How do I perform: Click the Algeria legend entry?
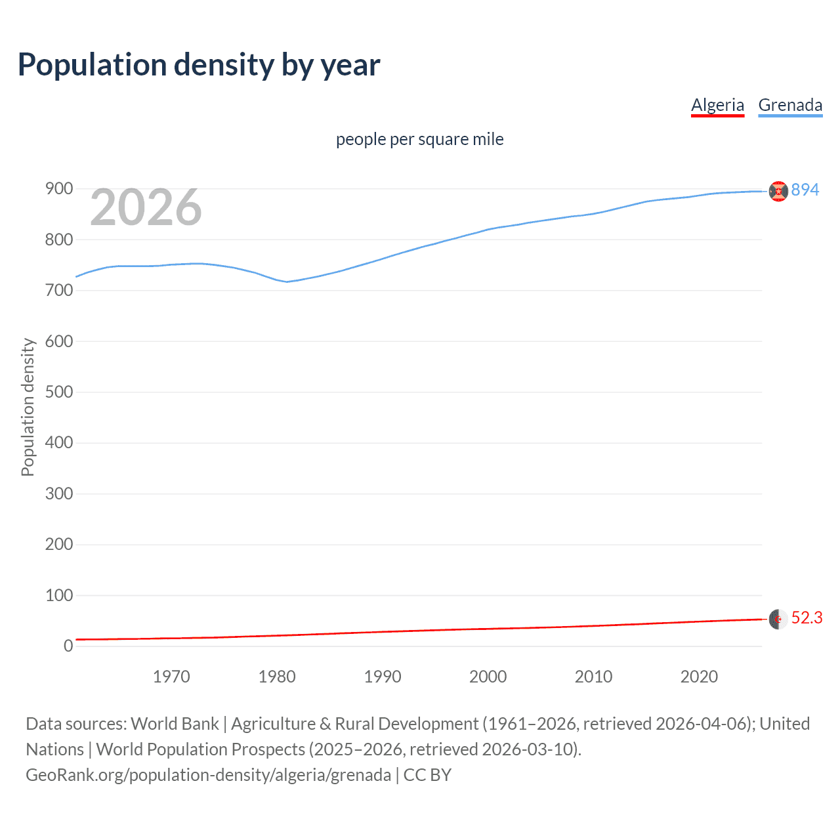[x=717, y=105]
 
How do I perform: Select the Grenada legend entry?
[x=790, y=105]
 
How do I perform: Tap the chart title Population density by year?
[x=199, y=65]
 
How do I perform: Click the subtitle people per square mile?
[x=419, y=139]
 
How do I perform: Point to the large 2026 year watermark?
[x=146, y=207]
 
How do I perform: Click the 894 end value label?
[x=805, y=190]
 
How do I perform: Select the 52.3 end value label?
[x=807, y=618]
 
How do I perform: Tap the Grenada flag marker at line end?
[x=778, y=191]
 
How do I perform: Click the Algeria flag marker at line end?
[x=778, y=619]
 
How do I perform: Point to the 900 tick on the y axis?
[x=59, y=189]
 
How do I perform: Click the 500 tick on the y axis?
[x=59, y=392]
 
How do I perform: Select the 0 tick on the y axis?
[x=68, y=646]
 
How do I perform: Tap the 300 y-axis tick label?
[x=59, y=493]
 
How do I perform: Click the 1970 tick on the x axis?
[x=171, y=677]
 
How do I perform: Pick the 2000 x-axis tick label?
[x=488, y=677]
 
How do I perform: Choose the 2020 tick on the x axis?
[x=699, y=677]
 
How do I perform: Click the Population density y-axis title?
[x=28, y=407]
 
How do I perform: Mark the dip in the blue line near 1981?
[x=287, y=282]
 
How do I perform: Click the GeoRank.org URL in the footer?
[x=208, y=775]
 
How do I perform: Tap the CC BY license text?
[x=427, y=775]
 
